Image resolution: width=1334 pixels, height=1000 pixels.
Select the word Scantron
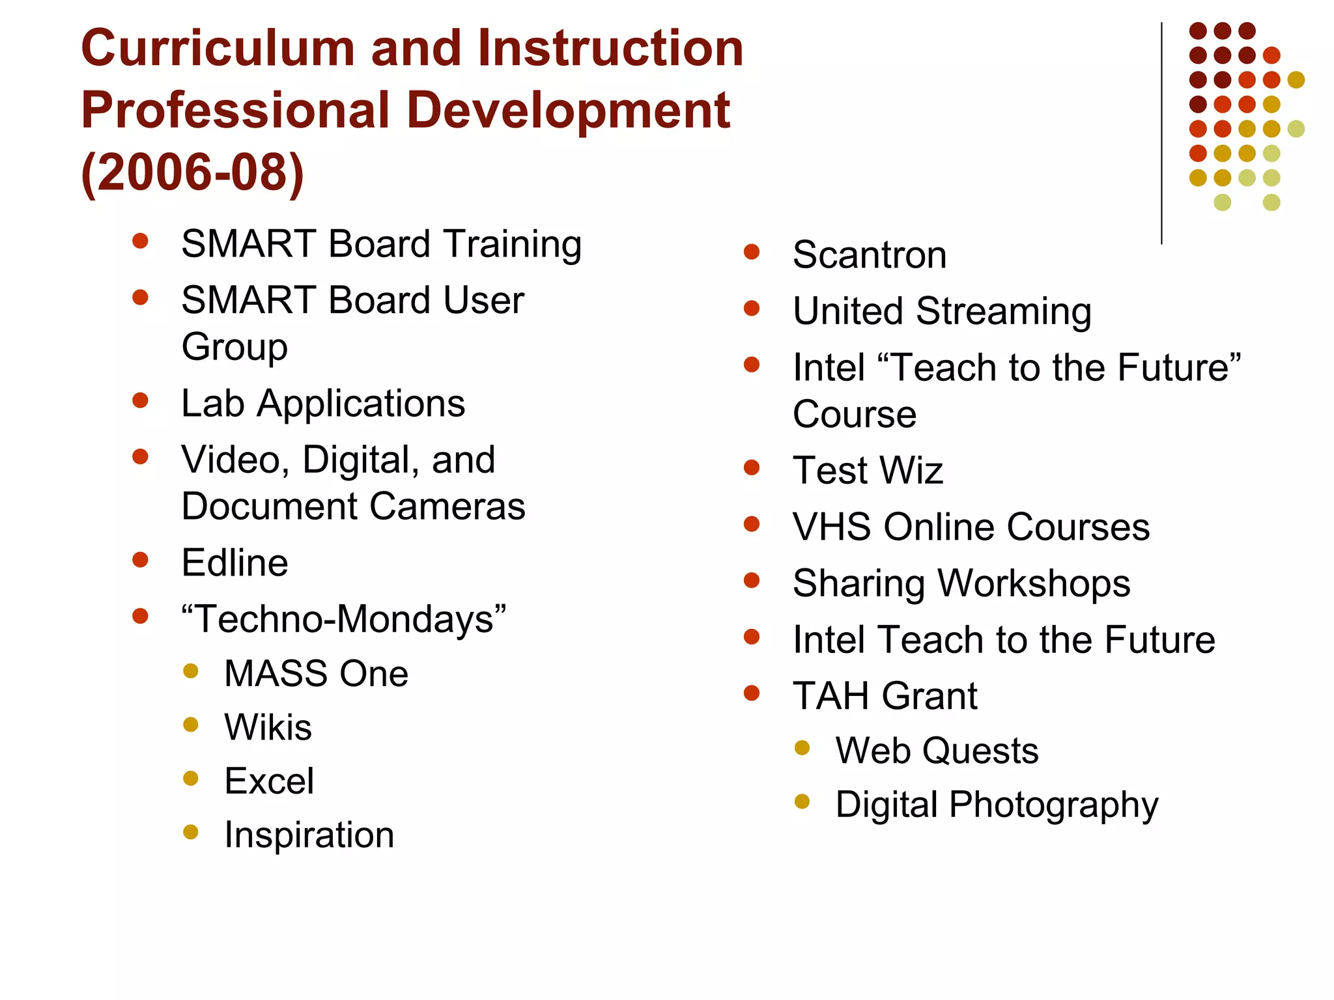(x=870, y=255)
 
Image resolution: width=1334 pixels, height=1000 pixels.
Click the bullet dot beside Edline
(x=140, y=560)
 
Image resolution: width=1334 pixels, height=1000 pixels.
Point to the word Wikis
(x=268, y=727)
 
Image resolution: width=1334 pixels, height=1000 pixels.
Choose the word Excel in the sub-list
(x=269, y=781)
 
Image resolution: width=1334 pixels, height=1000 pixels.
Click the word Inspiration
(x=309, y=835)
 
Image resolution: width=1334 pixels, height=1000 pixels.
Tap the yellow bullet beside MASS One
(x=191, y=671)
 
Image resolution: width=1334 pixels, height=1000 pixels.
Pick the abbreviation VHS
(x=831, y=527)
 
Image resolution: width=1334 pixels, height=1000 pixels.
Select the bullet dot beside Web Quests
(x=802, y=748)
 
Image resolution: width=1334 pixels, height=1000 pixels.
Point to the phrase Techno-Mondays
(x=344, y=618)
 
